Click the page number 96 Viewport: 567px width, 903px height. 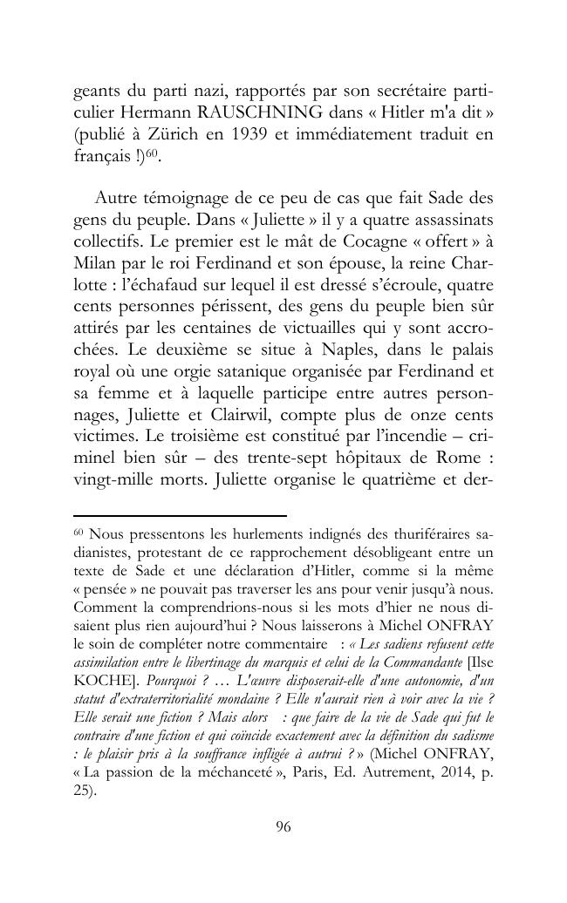(x=283, y=827)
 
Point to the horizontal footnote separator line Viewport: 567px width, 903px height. (x=180, y=516)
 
